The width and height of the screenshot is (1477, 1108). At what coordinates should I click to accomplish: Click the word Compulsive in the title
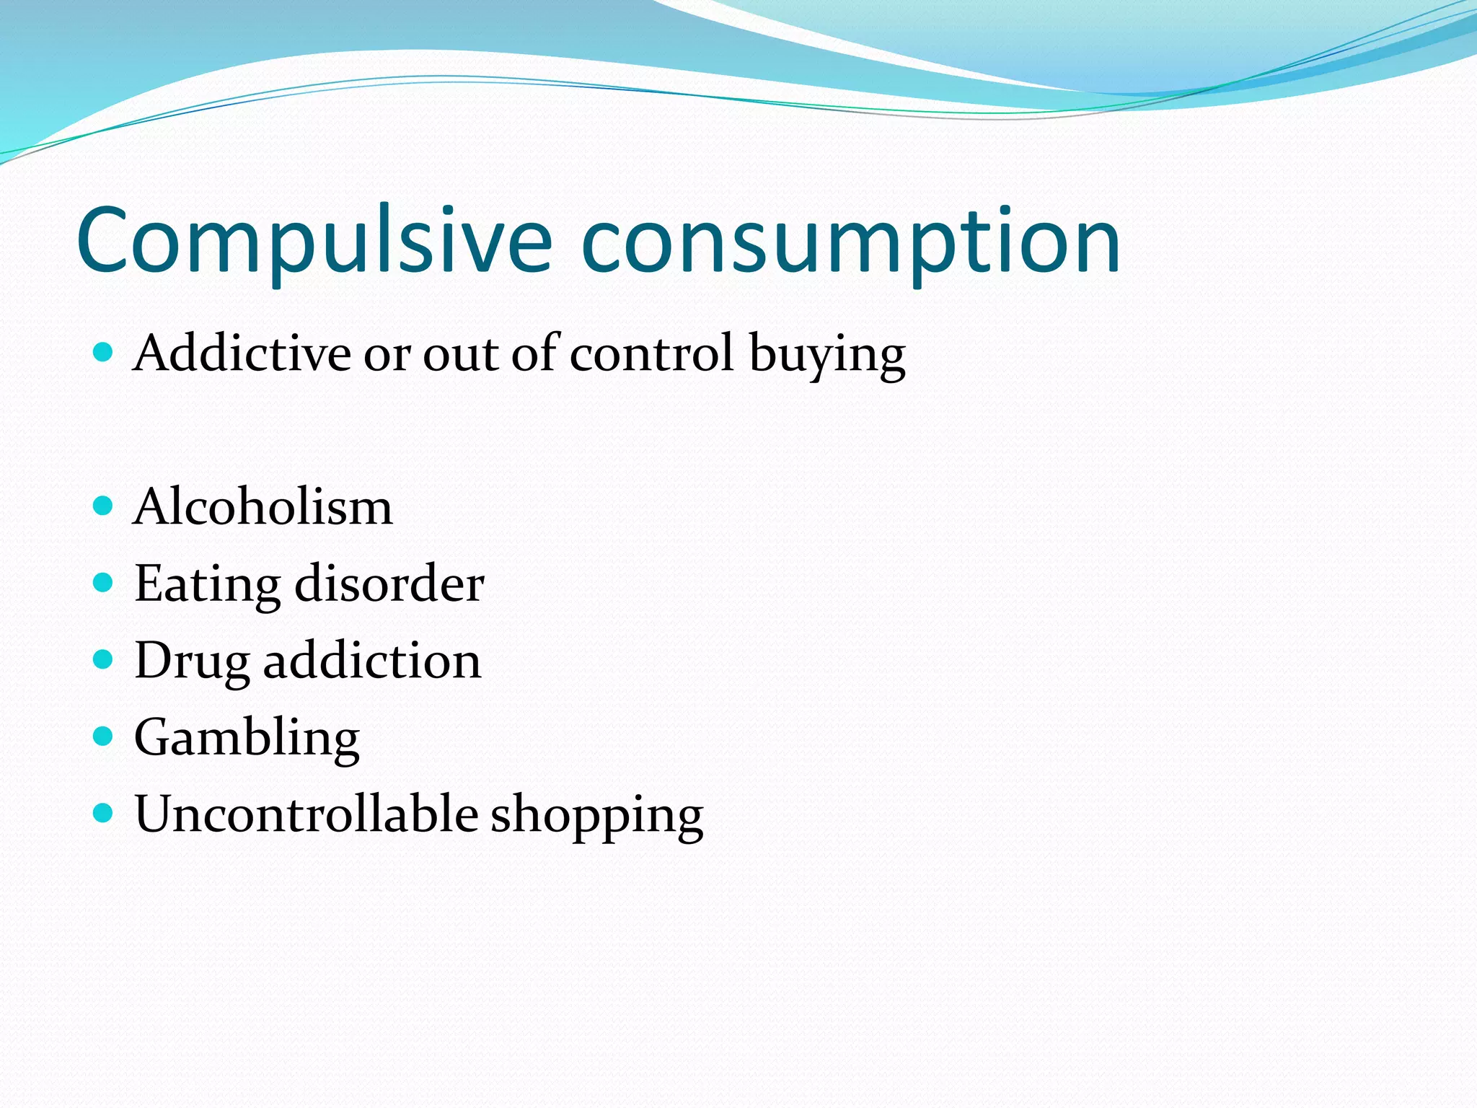pyautogui.click(x=314, y=242)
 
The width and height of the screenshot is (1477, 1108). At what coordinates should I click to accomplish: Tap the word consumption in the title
pyautogui.click(x=850, y=242)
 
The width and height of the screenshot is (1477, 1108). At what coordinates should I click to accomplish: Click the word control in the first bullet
pyautogui.click(x=652, y=353)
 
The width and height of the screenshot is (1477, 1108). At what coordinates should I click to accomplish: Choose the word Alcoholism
pyautogui.click(x=263, y=506)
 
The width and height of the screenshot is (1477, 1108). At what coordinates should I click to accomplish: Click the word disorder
pyautogui.click(x=389, y=583)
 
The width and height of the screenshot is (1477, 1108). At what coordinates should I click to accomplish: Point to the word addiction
pyautogui.click(x=372, y=660)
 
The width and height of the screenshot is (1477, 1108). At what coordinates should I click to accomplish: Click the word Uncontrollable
pyautogui.click(x=306, y=814)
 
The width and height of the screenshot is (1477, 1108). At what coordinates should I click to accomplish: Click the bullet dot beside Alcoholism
pyautogui.click(x=104, y=506)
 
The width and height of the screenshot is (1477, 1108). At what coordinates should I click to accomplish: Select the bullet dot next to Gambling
pyautogui.click(x=104, y=737)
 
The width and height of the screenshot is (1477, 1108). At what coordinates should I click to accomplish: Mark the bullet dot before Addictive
pyautogui.click(x=104, y=352)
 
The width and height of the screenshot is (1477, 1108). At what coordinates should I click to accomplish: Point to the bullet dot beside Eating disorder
pyautogui.click(x=104, y=583)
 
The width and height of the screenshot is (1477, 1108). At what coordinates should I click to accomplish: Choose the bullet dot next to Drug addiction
pyautogui.click(x=104, y=659)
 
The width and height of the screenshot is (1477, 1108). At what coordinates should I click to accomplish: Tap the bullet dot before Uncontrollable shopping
pyautogui.click(x=104, y=814)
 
